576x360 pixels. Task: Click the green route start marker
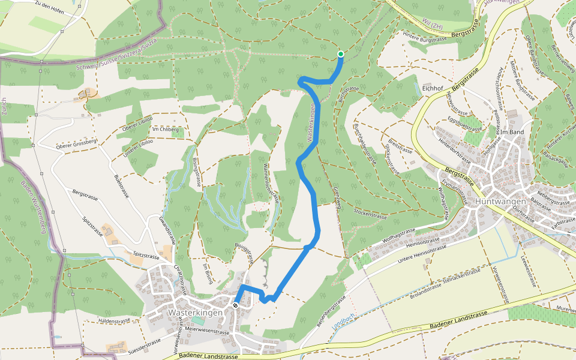click(x=340, y=55)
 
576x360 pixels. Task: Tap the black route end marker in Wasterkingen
click(x=236, y=305)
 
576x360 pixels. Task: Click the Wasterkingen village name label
click(x=196, y=313)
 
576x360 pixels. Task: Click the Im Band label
click(x=512, y=132)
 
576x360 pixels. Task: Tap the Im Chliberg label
click(x=166, y=130)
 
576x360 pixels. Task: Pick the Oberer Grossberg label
click(x=76, y=146)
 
